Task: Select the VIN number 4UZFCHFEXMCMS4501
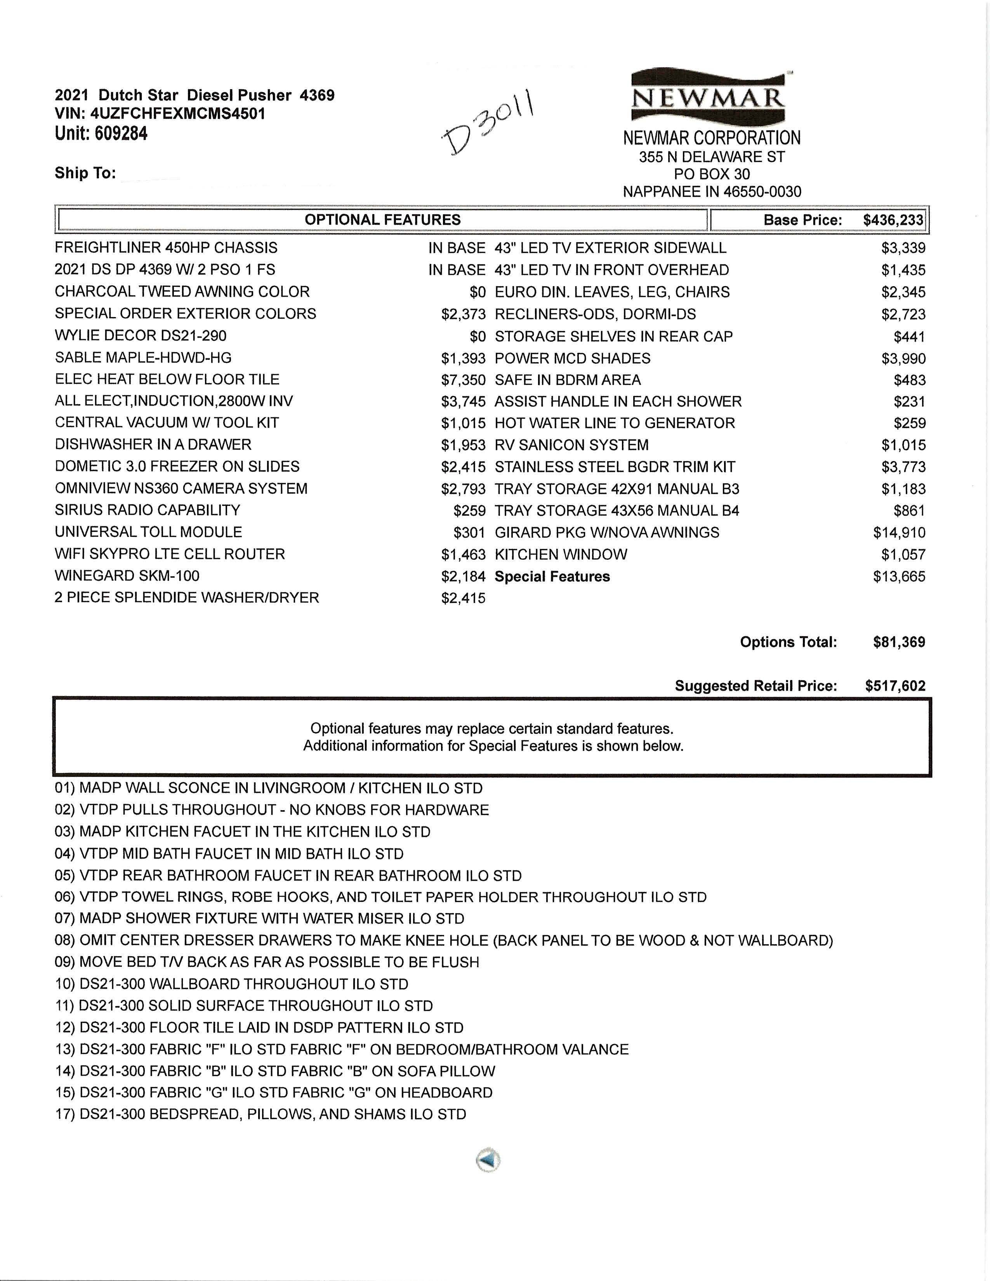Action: [178, 113]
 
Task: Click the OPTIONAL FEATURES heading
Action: [382, 220]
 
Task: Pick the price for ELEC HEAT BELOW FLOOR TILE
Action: [463, 380]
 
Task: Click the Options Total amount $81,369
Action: [898, 642]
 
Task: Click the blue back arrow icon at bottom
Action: [488, 1160]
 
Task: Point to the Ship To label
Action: [85, 173]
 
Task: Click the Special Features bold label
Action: [552, 576]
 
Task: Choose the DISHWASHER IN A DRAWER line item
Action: [153, 444]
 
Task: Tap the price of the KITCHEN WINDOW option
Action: [903, 555]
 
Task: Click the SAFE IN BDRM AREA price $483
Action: [910, 380]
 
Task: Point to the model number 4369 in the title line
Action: [317, 95]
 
